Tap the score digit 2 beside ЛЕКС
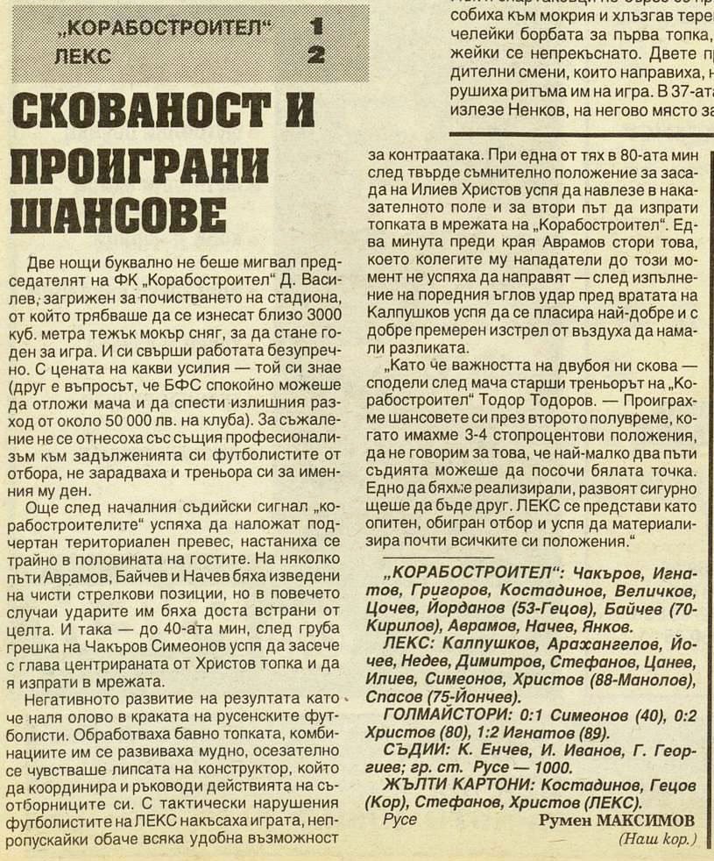[x=316, y=56]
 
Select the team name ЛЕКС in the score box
[x=82, y=57]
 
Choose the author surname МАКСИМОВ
[x=643, y=820]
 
